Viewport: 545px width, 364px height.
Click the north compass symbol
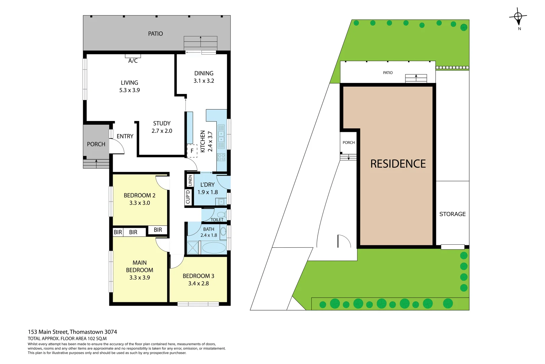[518, 17]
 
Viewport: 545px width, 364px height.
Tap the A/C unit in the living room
[133, 56]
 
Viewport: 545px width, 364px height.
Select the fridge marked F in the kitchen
[192, 151]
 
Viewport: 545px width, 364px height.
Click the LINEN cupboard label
[190, 180]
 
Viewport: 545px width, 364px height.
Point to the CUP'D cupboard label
[188, 197]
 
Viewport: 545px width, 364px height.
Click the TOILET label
[217, 220]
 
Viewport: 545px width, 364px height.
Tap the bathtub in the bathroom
[214, 248]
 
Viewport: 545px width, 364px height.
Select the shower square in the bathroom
[193, 248]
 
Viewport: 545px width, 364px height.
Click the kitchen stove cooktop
[221, 157]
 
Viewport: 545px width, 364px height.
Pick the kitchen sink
[221, 136]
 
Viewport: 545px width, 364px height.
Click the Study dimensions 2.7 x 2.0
[162, 131]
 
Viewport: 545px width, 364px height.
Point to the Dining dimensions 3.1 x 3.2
[204, 81]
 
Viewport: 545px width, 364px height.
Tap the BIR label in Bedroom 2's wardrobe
[158, 230]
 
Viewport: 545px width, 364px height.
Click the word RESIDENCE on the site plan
[398, 164]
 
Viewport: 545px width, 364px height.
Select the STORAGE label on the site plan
[452, 214]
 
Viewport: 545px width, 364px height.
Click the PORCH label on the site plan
[349, 143]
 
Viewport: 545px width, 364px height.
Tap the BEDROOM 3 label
[198, 276]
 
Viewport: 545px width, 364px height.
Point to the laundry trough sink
[221, 202]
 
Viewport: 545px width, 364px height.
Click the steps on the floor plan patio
[200, 43]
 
